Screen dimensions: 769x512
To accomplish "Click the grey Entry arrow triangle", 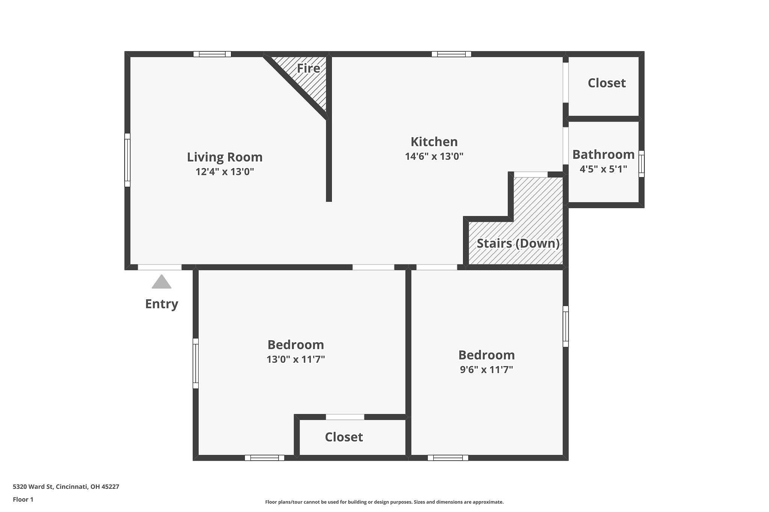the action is coord(161,282).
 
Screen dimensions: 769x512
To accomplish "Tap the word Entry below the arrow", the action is coord(161,303).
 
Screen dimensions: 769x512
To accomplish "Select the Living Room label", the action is coord(225,157).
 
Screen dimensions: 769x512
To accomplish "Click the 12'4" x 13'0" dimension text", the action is coord(225,172).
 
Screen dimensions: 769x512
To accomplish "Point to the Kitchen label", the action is coord(434,141).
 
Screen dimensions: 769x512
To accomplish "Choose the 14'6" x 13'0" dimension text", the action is coord(434,156).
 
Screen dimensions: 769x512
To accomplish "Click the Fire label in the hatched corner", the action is coord(308,68).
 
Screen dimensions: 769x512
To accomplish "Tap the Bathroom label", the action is coord(603,154).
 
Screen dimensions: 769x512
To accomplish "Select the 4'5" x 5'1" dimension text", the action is coord(603,169).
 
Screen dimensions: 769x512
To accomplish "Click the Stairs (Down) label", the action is coord(518,243).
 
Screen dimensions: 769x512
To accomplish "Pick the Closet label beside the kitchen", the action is coord(606,83).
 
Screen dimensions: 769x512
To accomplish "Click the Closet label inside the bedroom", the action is coord(344,437).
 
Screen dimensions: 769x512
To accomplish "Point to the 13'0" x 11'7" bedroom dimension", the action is coord(296,359).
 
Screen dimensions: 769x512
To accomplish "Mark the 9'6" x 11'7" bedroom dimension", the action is coord(486,369).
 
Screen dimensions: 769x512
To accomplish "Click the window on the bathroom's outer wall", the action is coord(641,164).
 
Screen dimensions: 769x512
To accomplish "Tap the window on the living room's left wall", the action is coord(127,160).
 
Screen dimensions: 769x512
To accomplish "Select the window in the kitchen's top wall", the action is coord(451,54).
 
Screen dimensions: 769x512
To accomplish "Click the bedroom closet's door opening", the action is coord(345,417).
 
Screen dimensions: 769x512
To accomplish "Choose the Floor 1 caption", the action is coord(23,500).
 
